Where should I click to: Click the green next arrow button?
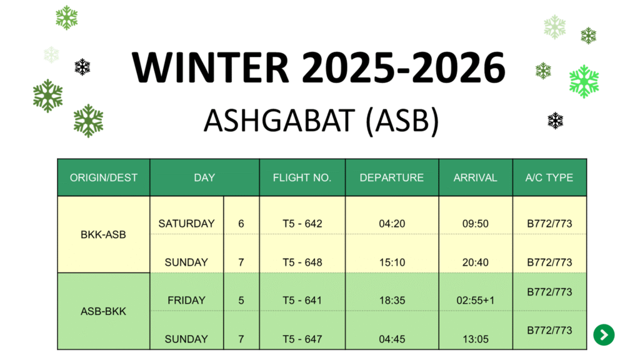(604, 335)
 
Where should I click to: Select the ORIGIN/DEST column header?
(104, 177)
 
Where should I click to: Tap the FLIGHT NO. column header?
(302, 177)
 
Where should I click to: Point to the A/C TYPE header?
(549, 177)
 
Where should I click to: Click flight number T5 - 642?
(302, 224)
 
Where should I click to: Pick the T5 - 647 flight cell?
(302, 339)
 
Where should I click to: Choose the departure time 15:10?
(392, 262)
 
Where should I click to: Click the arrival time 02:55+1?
(475, 301)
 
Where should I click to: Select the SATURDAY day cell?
(186, 224)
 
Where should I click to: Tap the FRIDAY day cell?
(186, 301)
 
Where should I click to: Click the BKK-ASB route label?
(103, 235)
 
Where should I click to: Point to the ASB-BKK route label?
(103, 311)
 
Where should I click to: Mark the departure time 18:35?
(392, 301)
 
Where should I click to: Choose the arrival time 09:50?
(475, 224)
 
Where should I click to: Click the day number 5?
(241, 301)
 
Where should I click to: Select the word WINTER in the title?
(211, 67)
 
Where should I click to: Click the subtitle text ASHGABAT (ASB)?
(321, 121)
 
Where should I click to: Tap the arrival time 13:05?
(475, 339)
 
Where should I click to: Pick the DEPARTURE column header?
(391, 177)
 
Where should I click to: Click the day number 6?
(241, 224)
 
